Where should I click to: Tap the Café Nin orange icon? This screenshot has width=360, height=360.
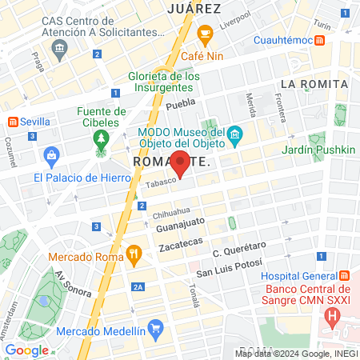(x=204, y=34)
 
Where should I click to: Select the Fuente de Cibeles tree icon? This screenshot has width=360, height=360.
(x=101, y=140)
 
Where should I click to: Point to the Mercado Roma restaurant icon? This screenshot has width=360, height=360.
(x=134, y=257)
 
